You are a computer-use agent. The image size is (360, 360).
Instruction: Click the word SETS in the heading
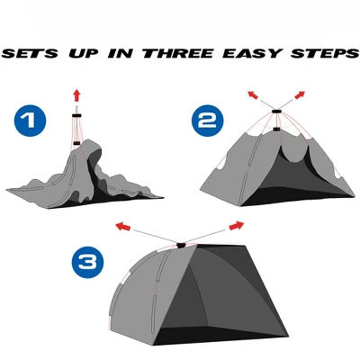point(30,53)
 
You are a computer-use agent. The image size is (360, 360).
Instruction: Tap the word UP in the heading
point(84,53)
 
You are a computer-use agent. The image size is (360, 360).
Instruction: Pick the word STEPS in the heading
point(325,53)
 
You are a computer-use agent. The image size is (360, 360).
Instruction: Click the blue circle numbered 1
point(30,121)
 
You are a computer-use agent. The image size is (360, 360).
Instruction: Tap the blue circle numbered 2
point(208,121)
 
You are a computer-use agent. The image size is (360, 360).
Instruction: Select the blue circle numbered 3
point(87,263)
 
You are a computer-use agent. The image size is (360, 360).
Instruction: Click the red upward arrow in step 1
point(76,95)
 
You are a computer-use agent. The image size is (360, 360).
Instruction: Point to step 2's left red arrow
point(253,94)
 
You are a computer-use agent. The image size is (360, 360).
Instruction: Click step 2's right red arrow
point(300,94)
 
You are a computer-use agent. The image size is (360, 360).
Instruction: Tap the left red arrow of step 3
point(123,227)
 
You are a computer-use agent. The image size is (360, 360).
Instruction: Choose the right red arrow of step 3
point(237,225)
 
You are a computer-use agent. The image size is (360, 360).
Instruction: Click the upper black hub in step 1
point(76,115)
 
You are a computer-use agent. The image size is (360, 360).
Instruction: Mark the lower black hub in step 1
point(76,143)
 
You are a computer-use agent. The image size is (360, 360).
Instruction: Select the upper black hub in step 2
point(276,112)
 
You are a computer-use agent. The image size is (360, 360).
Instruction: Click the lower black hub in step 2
point(276,130)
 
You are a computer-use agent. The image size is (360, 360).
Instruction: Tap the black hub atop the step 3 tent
point(181,245)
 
